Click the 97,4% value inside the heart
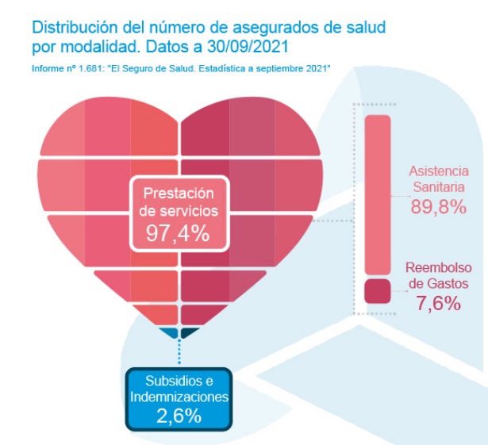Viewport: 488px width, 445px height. [178, 232]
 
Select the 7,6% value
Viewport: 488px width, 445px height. [438, 303]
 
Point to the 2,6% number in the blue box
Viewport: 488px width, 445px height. [179, 416]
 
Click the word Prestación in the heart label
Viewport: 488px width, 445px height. [179, 193]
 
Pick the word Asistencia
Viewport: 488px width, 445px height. [438, 171]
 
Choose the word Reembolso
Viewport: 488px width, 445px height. [438, 267]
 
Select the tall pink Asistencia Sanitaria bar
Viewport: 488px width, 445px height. [378, 194]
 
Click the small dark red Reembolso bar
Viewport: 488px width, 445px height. [378, 290]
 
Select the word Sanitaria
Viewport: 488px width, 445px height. [438, 187]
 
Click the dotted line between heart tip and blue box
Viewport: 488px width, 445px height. [179, 353]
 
